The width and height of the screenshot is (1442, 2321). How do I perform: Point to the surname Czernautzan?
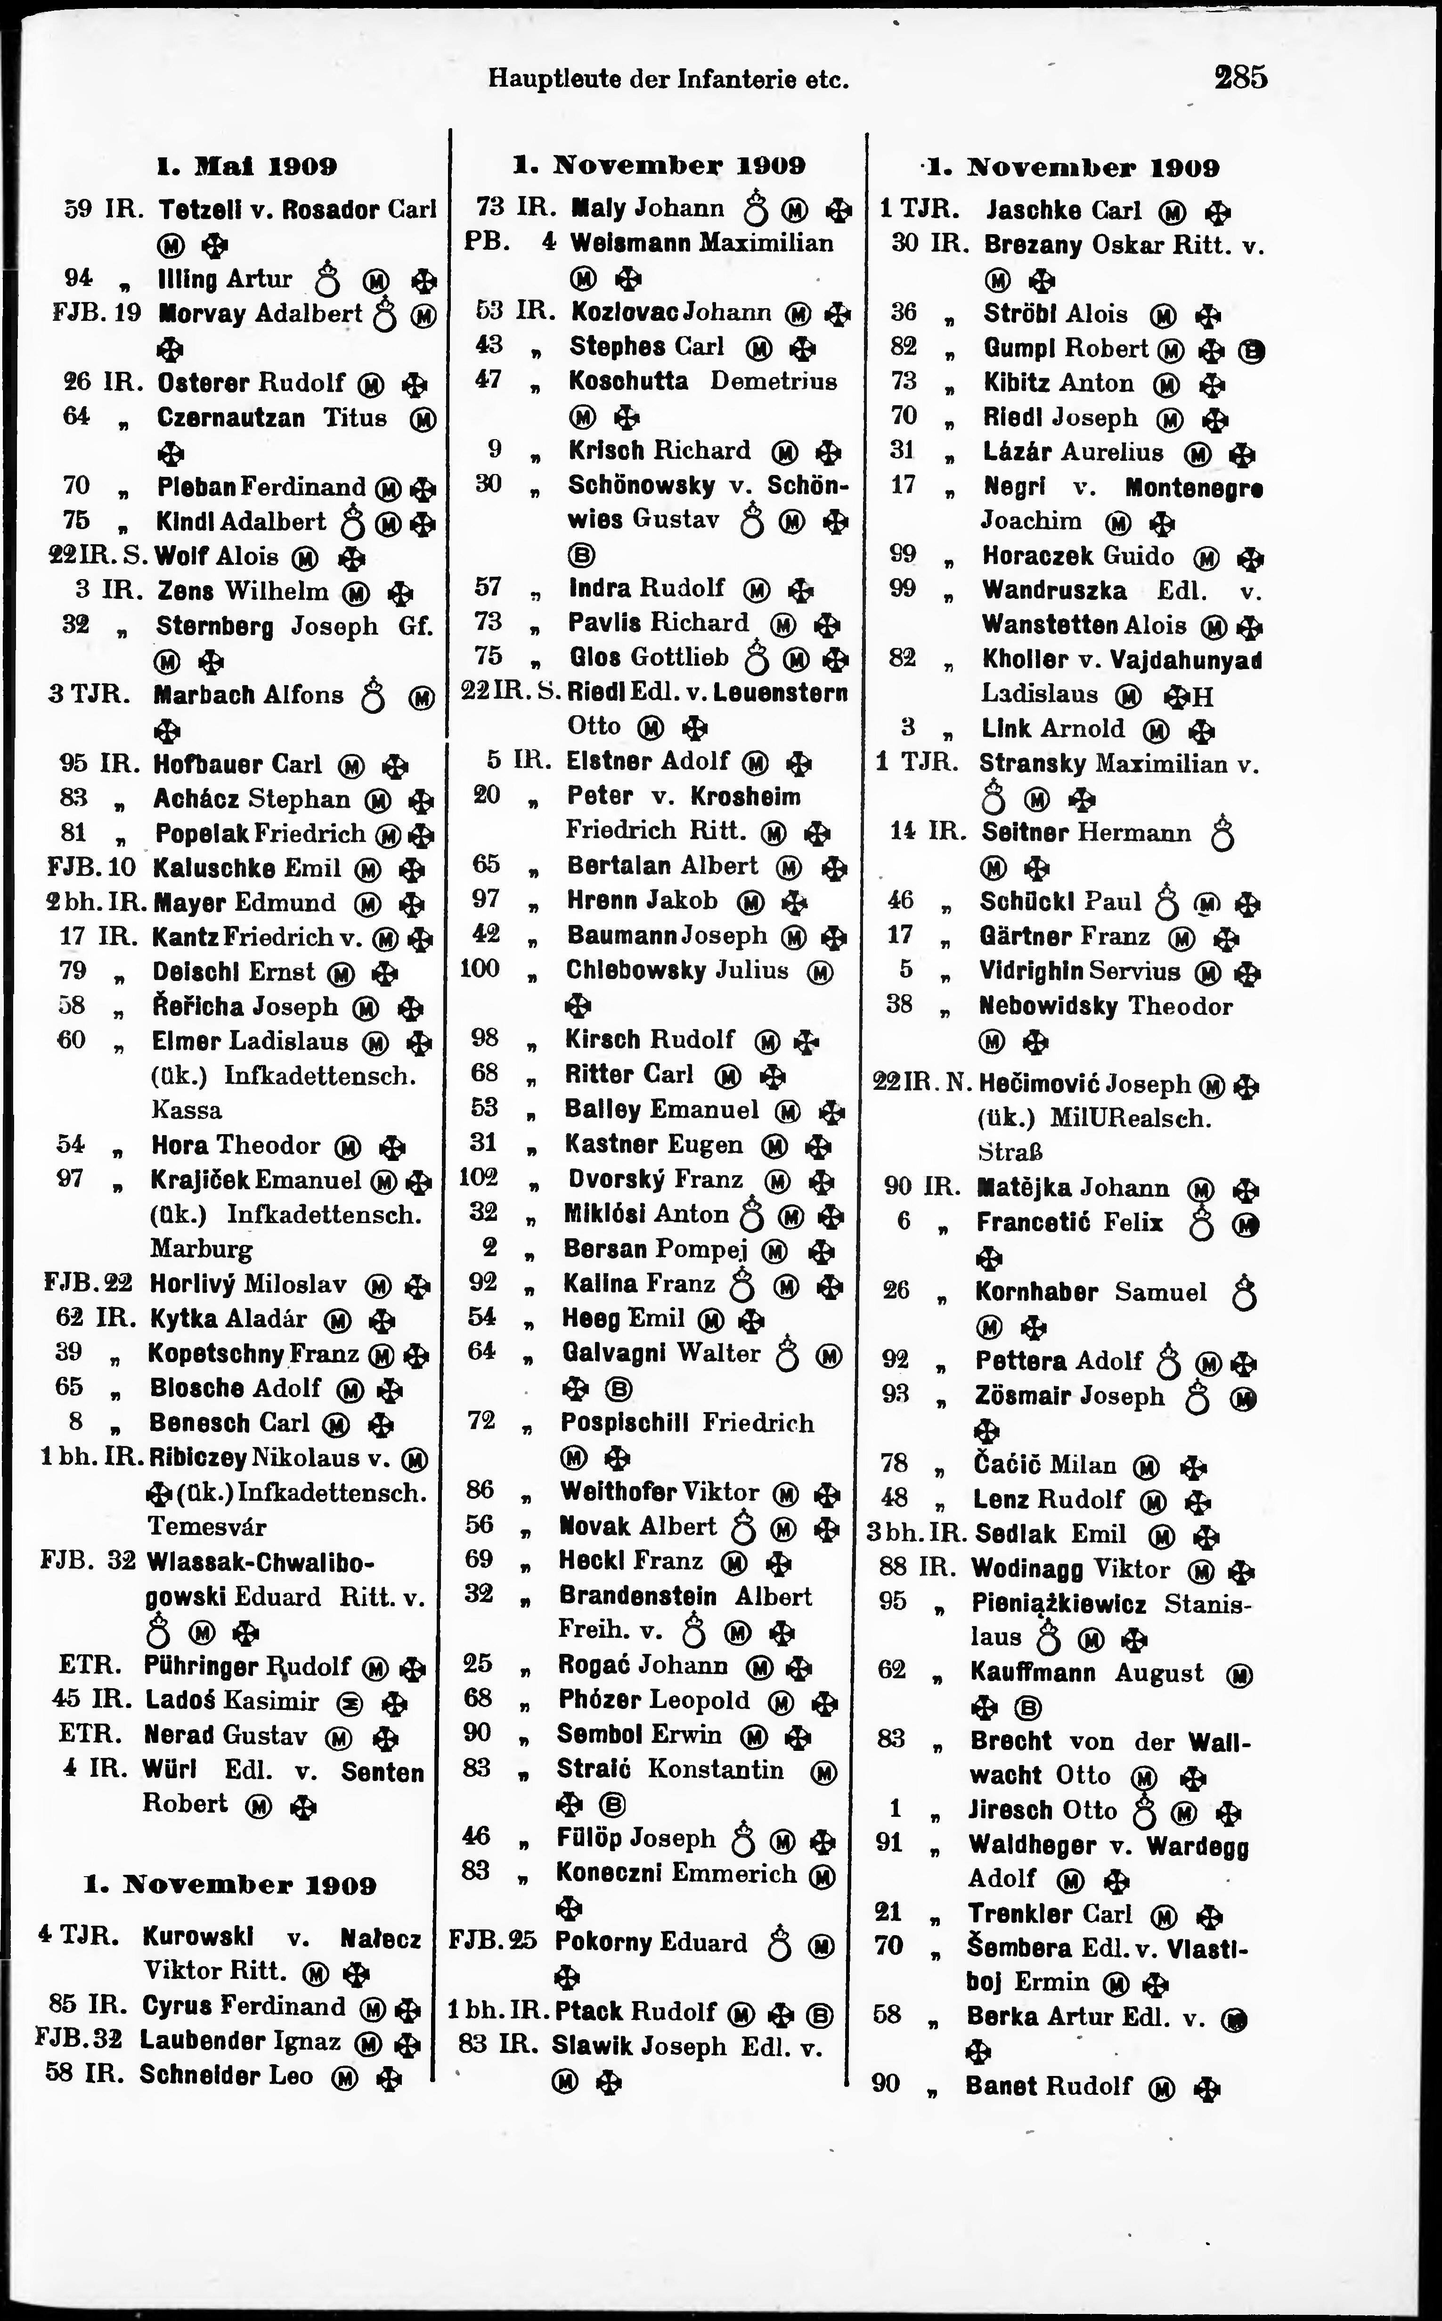231,417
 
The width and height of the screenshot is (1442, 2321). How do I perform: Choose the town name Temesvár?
206,1527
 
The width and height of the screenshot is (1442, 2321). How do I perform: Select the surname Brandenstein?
637,1596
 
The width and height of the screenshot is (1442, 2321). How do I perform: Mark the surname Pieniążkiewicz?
1059,1603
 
